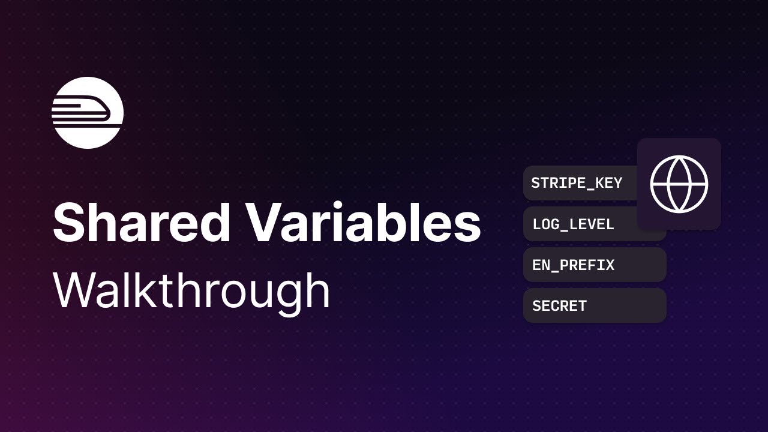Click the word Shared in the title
pyautogui.click(x=142, y=223)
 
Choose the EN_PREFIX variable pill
pyautogui.click(x=594, y=265)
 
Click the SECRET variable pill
pyautogui.click(x=594, y=306)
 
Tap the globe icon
pyautogui.click(x=679, y=184)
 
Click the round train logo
pyautogui.click(x=88, y=113)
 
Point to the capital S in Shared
pyautogui.click(x=67, y=223)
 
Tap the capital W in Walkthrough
pyautogui.click(x=76, y=290)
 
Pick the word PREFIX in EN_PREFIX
pyautogui.click(x=589, y=265)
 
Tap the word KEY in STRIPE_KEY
pyautogui.click(x=608, y=183)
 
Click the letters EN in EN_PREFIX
pyautogui.click(x=540, y=265)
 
